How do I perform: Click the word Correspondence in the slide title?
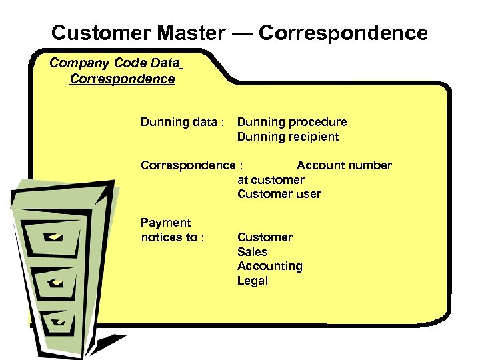tap(343, 33)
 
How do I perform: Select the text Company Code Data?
tap(115, 64)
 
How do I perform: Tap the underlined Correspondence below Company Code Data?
tap(122, 79)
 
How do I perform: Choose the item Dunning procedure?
tap(292, 123)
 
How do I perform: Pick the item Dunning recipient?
tap(288, 137)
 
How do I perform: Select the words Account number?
tap(344, 165)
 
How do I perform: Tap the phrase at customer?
tap(271, 180)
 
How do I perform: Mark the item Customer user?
tap(279, 195)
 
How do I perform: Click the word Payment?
tap(165, 223)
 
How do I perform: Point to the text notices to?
tap(169, 238)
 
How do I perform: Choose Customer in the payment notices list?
tap(265, 238)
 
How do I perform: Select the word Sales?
tap(252, 252)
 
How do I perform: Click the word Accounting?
tap(269, 267)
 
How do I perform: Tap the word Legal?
tap(252, 281)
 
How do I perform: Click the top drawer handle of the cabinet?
tap(54, 236)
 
